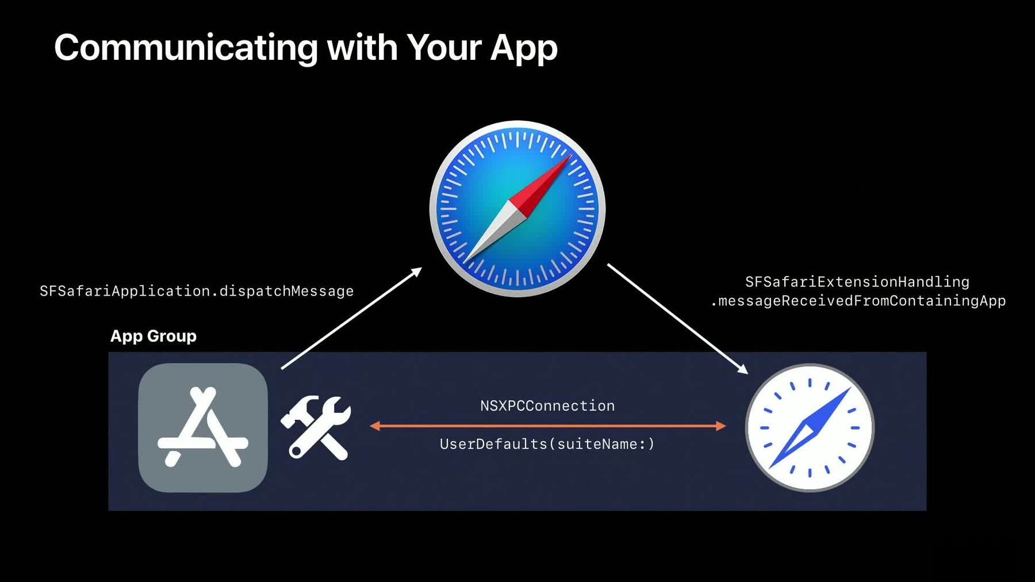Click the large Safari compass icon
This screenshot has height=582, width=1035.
(x=517, y=209)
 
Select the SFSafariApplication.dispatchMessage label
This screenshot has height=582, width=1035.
(x=197, y=291)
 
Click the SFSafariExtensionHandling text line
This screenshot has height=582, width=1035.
(x=857, y=282)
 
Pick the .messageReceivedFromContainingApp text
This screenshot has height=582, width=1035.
(x=858, y=301)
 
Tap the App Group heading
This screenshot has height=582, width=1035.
(x=154, y=336)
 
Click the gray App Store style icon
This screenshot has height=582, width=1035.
(x=203, y=427)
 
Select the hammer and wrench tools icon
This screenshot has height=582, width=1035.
(x=316, y=427)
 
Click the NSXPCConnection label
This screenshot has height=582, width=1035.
(x=547, y=406)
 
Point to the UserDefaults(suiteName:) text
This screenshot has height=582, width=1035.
(x=547, y=444)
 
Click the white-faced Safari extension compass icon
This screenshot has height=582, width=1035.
(x=810, y=428)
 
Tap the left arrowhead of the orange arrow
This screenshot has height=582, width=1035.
(x=375, y=426)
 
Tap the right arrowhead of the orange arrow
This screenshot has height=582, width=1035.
(x=721, y=426)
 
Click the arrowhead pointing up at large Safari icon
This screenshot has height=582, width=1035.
(x=416, y=271)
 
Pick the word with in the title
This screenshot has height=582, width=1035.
(x=362, y=48)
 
